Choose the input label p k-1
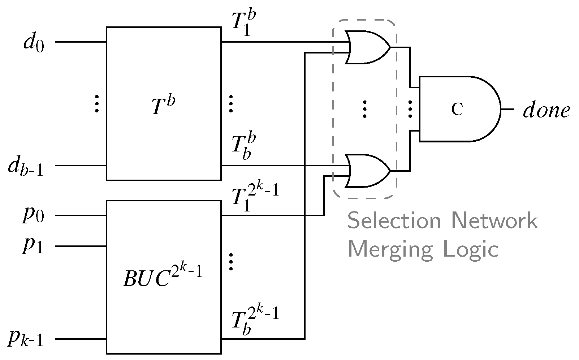(26, 340)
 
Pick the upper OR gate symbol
(367, 47)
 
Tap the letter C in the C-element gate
(457, 109)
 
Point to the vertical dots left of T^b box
(97, 104)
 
